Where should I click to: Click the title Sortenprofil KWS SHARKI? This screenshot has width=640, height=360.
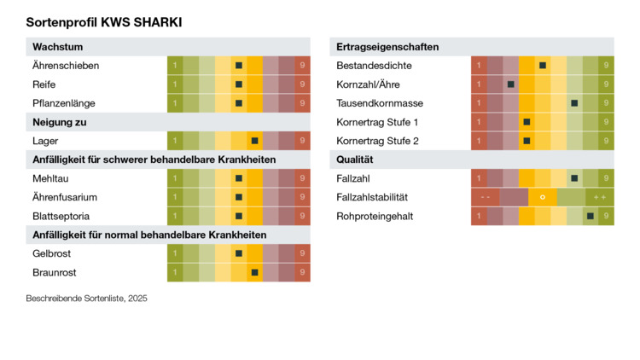point(104,22)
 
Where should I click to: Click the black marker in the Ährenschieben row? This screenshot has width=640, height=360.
point(239,65)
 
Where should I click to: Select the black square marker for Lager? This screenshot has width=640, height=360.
point(254,141)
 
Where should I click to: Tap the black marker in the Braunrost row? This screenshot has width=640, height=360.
point(254,272)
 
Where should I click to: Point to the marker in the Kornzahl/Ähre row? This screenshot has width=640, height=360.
point(510,84)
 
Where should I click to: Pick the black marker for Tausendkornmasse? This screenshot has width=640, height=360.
point(574,103)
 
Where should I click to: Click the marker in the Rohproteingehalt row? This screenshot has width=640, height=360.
point(591,216)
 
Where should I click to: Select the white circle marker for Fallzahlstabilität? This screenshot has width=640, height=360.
point(543,197)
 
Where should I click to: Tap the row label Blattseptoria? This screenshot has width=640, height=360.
point(61,216)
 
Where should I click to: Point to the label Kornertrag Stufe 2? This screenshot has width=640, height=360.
point(378,141)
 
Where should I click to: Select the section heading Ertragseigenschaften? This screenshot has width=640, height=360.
point(388,46)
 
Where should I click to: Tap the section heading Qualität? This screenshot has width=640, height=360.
point(358,160)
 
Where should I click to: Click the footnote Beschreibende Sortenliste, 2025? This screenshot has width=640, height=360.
point(87,299)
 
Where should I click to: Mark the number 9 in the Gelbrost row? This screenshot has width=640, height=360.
point(303,253)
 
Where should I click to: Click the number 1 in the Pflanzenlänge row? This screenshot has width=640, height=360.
point(175,103)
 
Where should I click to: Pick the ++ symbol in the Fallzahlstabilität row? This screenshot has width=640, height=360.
point(600,197)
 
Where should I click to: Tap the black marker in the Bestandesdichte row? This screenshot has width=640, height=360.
point(543,65)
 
